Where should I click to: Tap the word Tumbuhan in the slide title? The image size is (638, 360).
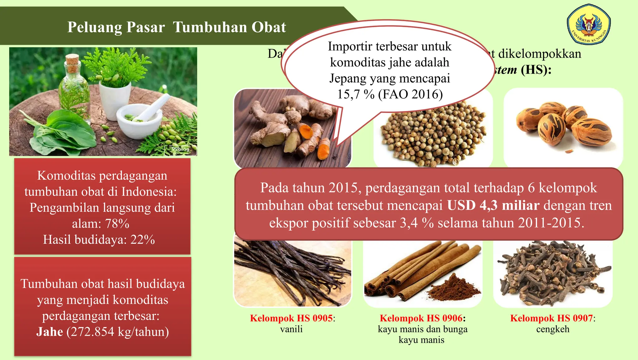coord(229,27)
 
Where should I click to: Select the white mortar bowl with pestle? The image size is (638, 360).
coord(139,120)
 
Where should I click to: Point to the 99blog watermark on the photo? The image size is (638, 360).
coord(181,149)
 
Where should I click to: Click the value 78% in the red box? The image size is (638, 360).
coord(117,224)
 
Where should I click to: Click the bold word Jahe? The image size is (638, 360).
coord(50,332)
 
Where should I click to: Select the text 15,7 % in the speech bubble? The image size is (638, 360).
coord(356,94)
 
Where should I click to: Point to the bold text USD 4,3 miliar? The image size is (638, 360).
coord(493,205)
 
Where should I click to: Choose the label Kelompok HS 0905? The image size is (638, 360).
coord(291,318)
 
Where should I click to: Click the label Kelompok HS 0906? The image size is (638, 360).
coord(421,318)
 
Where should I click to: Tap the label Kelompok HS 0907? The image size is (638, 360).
coord(551,318)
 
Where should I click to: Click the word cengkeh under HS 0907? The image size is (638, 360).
coord(553,329)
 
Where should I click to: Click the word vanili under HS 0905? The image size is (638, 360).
coord(291,329)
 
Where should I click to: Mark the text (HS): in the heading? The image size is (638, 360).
coord(536,70)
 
